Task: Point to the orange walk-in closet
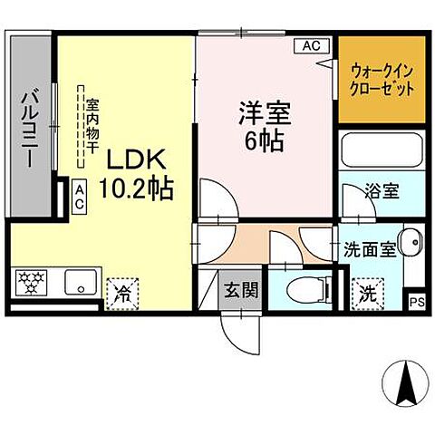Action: [x=382, y=81]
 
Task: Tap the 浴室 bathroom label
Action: [x=380, y=192]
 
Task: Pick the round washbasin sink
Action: [x=408, y=243]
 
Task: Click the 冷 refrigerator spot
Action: [x=121, y=292]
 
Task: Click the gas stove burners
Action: [x=33, y=284]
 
